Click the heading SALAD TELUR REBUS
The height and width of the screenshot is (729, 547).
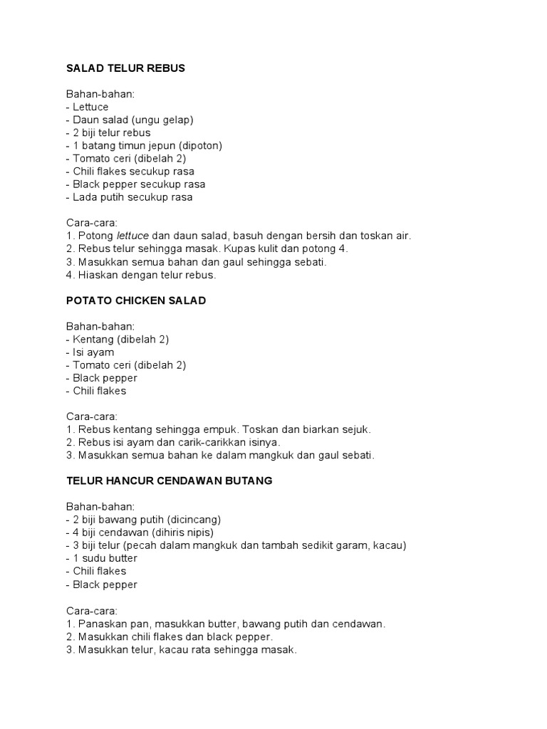point(125,68)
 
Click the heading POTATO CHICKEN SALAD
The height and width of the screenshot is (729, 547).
point(136,300)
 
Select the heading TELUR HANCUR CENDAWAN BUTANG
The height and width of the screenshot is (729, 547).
point(169,481)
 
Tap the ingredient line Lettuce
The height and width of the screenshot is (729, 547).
point(88,107)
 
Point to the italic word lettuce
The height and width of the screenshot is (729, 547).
point(134,236)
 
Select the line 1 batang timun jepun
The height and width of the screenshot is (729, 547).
point(144,145)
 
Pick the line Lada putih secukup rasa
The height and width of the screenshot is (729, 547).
point(129,197)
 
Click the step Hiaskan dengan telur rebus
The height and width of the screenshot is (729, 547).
point(140,274)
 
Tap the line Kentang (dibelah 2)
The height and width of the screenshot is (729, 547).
point(118,339)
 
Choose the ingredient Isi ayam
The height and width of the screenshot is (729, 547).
point(90,352)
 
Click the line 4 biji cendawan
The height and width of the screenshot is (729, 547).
point(139,533)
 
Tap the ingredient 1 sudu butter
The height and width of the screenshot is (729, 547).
point(101,558)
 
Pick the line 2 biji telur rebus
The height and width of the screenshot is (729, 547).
point(108,132)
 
